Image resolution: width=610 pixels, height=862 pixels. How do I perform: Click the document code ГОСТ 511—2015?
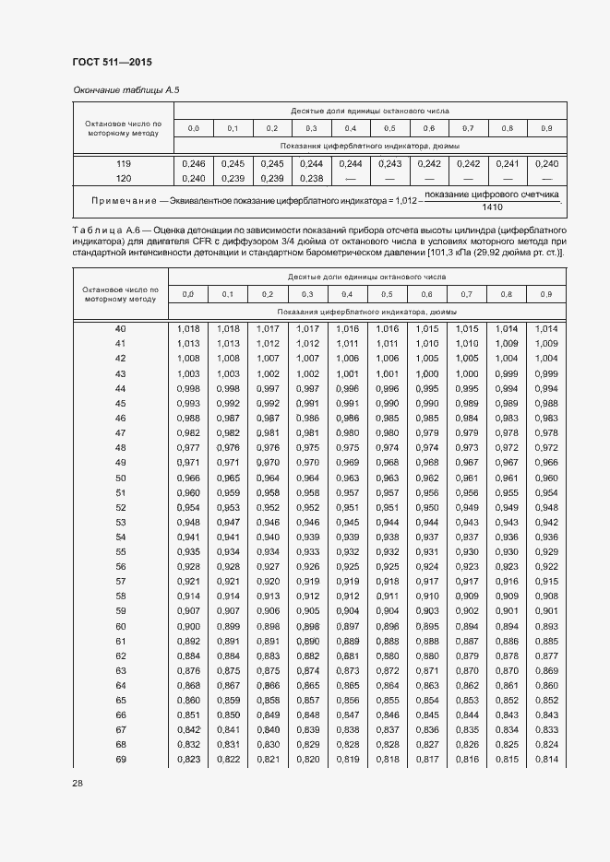click(x=112, y=63)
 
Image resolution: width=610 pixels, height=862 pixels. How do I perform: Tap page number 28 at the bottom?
click(x=78, y=783)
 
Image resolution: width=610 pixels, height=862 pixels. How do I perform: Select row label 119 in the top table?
click(x=123, y=163)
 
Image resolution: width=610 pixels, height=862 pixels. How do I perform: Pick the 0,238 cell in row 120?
click(x=311, y=178)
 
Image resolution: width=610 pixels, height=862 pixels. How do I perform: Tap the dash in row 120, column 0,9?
click(x=546, y=178)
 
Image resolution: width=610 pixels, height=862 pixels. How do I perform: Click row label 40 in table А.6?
click(x=120, y=329)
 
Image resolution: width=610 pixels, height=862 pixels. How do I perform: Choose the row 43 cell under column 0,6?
click(x=427, y=373)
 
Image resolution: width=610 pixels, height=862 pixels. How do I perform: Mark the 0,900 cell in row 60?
click(x=188, y=626)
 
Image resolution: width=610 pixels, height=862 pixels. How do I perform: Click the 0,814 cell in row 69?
click(x=546, y=760)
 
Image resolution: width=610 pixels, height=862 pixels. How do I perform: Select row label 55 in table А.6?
click(x=120, y=551)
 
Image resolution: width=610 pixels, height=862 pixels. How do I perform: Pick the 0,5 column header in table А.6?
click(x=388, y=294)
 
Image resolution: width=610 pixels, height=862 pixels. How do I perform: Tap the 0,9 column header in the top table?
click(x=546, y=127)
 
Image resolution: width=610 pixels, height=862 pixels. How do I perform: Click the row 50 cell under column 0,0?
click(x=188, y=478)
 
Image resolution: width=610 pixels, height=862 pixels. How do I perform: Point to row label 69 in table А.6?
click(x=120, y=760)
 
